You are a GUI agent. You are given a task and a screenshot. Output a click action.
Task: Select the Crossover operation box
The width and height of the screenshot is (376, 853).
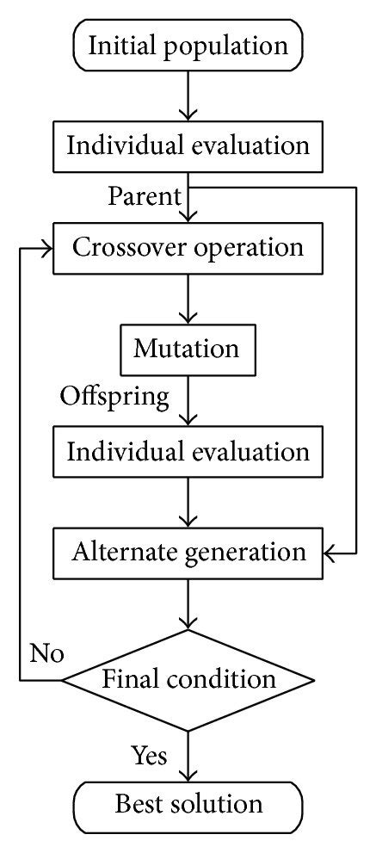pos(188,248)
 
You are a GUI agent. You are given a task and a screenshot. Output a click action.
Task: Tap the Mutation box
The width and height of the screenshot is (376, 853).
pos(187,349)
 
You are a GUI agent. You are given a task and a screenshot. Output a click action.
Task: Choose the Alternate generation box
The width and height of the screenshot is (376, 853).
pos(188,551)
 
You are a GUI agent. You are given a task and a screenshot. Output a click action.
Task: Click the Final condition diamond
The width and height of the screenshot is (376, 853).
pos(188,680)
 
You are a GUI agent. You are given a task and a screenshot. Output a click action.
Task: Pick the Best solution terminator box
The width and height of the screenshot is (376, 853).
pos(188,804)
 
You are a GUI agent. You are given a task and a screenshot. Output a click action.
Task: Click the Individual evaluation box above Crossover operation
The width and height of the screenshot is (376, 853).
pos(188,145)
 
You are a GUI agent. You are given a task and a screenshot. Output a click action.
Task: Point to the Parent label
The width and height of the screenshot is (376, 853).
pos(144,197)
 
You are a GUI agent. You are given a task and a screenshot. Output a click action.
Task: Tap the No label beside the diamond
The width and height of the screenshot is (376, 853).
pos(47,653)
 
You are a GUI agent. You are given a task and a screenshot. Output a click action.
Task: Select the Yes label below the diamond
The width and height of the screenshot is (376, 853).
pos(149,755)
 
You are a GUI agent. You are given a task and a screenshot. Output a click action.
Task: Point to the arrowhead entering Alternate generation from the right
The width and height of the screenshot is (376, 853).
pos(329,552)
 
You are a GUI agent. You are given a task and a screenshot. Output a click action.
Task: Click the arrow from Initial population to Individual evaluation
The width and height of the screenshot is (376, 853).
pos(188,95)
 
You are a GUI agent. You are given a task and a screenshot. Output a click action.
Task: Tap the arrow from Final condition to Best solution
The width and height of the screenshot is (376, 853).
pos(188,753)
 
